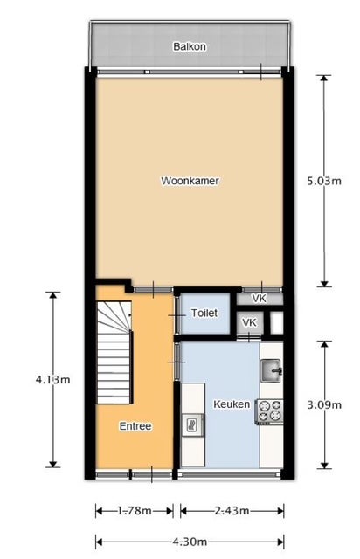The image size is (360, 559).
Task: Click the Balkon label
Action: tap(189, 46)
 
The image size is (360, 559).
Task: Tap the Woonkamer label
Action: tap(190, 181)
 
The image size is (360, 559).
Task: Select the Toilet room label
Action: tap(204, 313)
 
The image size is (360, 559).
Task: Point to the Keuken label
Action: tap(232, 404)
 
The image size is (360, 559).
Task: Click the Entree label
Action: tap(135, 426)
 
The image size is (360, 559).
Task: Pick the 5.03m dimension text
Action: tap(324, 181)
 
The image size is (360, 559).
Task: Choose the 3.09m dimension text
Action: tap(324, 405)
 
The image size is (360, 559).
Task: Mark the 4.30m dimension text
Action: tap(190, 542)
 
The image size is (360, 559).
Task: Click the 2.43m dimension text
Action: tap(232, 511)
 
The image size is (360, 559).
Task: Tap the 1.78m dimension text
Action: tap(135, 511)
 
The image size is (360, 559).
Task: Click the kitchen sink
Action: tap(271, 370)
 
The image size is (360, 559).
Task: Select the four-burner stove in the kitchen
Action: tap(269, 411)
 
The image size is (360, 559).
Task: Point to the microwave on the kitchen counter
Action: tap(192, 424)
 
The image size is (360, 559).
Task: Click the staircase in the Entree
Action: tap(114, 352)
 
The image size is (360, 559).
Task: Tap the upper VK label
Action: tap(259, 299)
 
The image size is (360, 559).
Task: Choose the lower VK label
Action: tap(249, 322)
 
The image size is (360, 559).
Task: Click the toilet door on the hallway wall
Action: tap(177, 315)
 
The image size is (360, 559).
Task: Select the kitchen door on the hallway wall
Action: tap(177, 362)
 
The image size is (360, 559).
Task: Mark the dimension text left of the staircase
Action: tap(52, 380)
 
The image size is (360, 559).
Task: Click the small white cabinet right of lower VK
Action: tap(276, 323)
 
